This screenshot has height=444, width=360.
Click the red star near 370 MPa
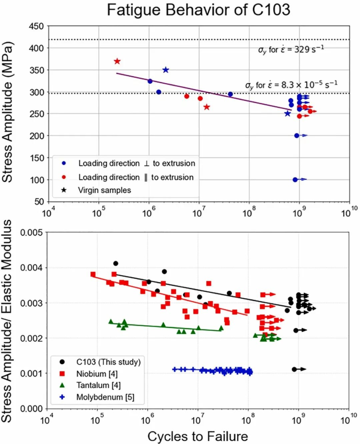(117, 61)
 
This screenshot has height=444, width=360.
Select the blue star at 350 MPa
(166, 70)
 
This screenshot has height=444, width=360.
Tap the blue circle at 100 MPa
(295, 179)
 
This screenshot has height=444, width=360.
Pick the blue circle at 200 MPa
(297, 135)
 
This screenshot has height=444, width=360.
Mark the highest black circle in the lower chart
(116, 263)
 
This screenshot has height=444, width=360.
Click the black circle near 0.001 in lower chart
(294, 369)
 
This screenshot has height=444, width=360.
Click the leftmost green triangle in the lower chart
(111, 321)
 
